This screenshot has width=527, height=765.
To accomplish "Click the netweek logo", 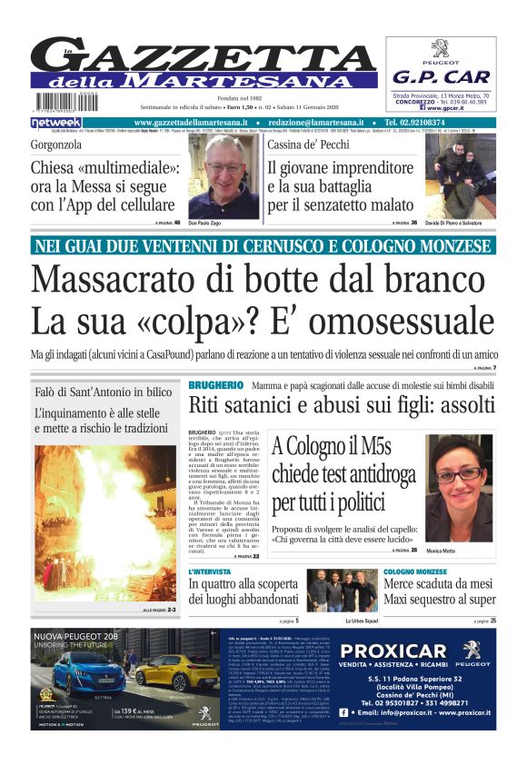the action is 56,122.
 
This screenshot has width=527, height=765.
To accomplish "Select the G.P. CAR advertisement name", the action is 441,77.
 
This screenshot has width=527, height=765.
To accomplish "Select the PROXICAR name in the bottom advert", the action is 395,651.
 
